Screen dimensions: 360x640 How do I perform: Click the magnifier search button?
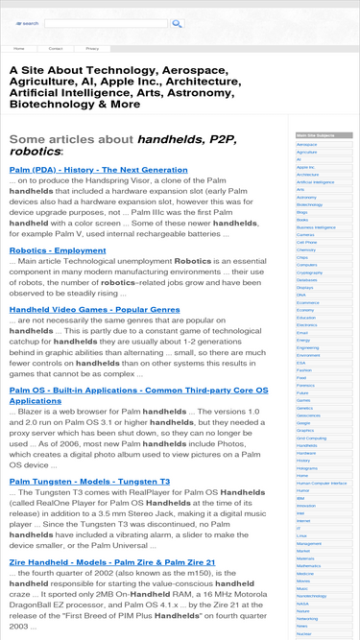(28, 23)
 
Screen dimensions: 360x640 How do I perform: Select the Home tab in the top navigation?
(19, 47)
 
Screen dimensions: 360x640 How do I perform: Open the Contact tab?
(56, 47)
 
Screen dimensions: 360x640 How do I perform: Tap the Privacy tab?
(92, 47)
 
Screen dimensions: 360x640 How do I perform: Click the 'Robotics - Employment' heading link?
(58, 250)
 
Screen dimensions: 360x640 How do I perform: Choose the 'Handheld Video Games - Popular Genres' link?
(94, 310)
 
